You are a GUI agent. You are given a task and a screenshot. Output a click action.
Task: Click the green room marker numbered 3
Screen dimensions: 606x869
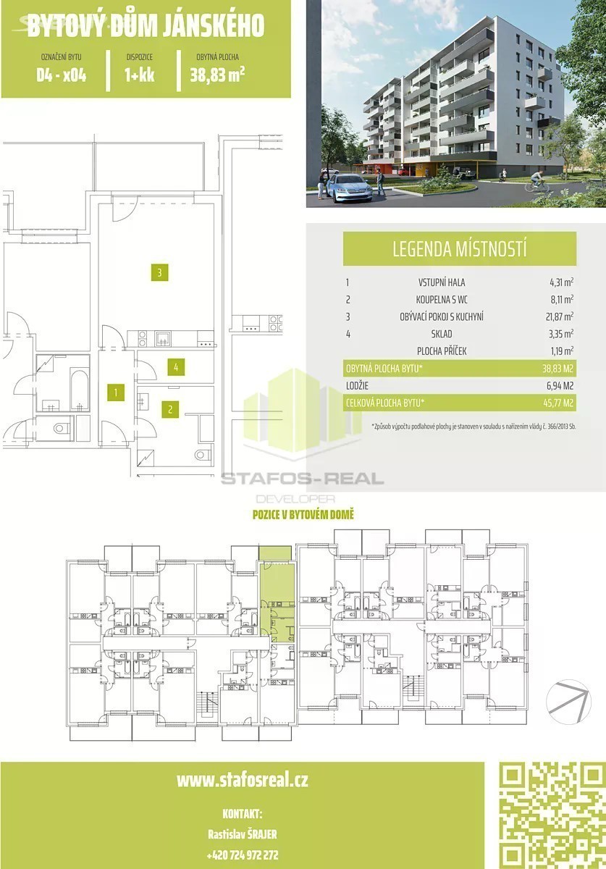click(159, 273)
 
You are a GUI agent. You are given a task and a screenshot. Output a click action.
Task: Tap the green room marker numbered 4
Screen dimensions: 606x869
click(176, 367)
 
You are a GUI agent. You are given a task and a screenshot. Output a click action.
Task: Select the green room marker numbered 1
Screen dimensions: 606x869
click(116, 392)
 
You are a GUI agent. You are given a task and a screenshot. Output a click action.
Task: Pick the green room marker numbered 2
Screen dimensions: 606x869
click(170, 409)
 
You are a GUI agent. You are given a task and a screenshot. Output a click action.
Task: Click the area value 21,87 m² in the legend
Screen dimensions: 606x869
click(560, 316)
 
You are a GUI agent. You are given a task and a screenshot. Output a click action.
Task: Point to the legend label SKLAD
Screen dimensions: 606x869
click(442, 334)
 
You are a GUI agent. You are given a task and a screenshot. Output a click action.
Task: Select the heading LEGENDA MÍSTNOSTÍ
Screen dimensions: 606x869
click(460, 248)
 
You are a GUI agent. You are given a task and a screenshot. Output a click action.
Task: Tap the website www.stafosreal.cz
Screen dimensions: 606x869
click(243, 780)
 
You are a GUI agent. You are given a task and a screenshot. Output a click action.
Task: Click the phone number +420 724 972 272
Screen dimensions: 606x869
click(243, 855)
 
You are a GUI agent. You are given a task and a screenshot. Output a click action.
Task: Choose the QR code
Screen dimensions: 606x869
click(552, 815)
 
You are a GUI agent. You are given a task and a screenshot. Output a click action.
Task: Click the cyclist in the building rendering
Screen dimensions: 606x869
click(536, 182)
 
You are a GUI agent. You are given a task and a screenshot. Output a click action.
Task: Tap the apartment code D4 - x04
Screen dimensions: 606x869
click(62, 75)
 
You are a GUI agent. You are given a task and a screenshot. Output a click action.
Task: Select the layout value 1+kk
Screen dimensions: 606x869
click(140, 75)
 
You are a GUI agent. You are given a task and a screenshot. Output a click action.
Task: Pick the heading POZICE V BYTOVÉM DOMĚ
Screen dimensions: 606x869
click(303, 515)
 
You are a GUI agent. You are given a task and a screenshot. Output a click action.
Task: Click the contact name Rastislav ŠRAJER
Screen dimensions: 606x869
click(243, 834)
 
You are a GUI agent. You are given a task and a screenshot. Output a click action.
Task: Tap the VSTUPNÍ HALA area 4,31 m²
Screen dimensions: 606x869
click(561, 282)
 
